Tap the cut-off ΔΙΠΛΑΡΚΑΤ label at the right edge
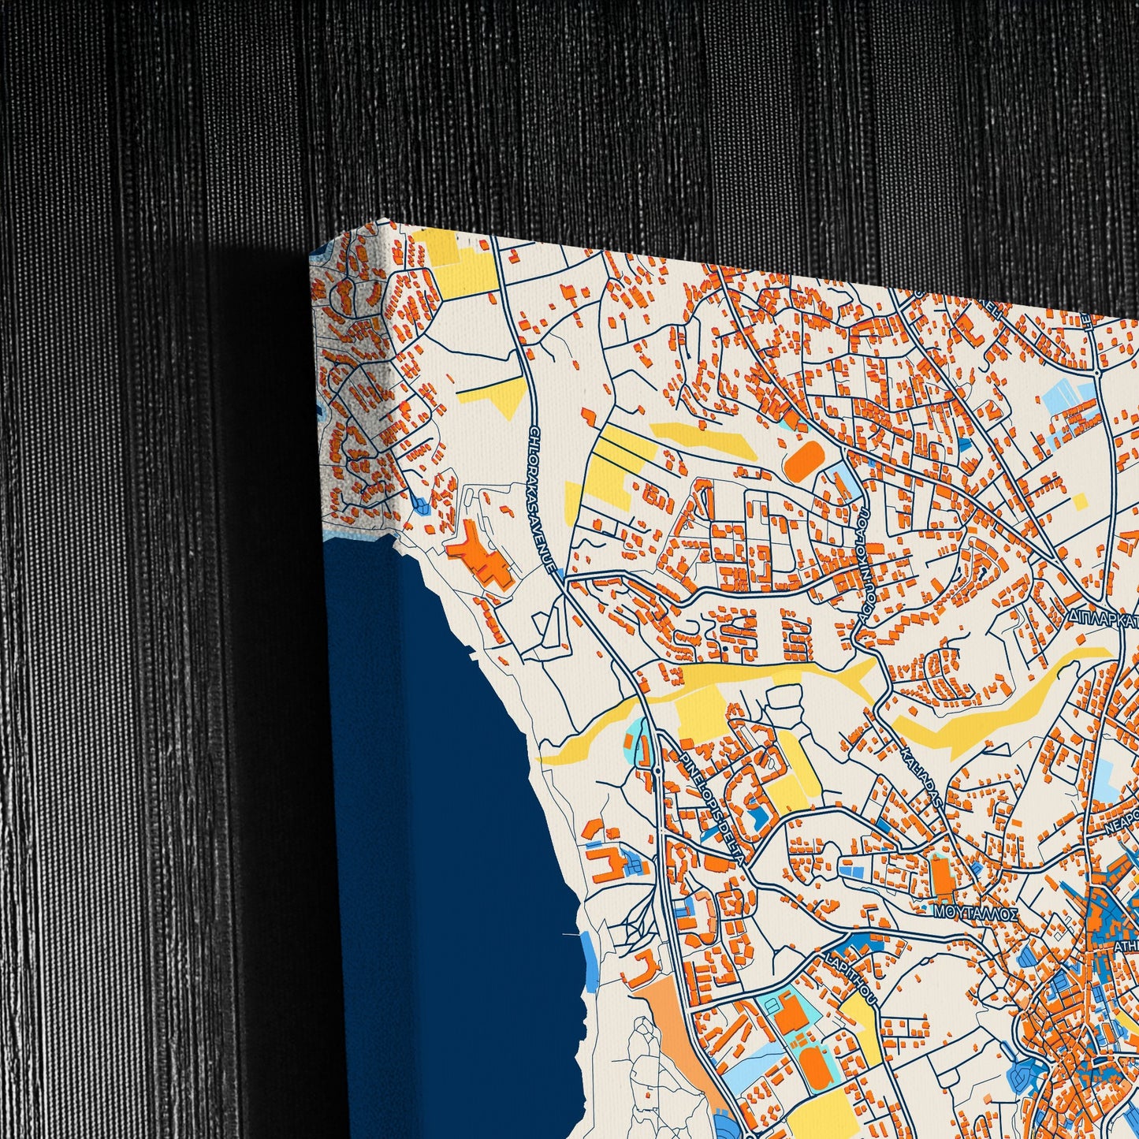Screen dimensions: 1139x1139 [1103, 615]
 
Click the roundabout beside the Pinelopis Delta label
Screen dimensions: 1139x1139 [657, 769]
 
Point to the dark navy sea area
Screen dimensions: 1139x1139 [449, 828]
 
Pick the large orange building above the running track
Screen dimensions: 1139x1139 [789, 1013]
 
